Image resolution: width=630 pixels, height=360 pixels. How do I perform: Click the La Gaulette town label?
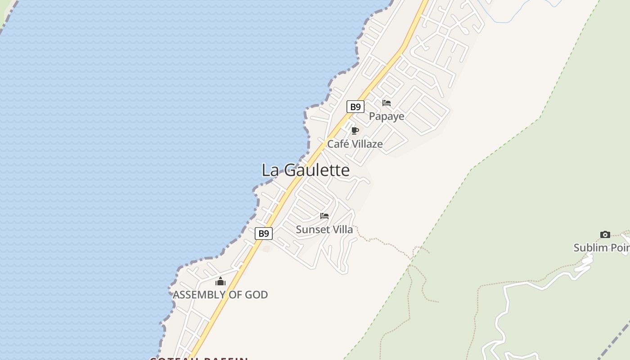306,170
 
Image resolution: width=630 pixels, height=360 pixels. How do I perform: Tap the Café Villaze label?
355,144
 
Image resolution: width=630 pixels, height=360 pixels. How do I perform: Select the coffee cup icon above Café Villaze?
355,130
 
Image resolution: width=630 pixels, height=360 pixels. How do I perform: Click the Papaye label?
387,117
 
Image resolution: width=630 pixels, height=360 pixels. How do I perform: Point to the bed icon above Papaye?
387,103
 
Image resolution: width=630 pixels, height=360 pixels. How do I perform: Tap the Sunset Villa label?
324,230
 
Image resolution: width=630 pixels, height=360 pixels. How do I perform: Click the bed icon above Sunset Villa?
324,216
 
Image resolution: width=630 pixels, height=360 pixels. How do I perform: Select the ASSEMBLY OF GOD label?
220,295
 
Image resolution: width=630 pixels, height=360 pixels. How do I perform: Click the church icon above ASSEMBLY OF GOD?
220,282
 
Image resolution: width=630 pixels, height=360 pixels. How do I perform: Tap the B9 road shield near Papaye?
355,107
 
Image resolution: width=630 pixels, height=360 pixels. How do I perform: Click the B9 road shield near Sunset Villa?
264,234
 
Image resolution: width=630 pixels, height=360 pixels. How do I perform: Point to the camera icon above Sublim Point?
605,234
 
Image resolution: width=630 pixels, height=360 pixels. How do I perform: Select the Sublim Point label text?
601,248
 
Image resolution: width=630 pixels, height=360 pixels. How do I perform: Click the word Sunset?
310,230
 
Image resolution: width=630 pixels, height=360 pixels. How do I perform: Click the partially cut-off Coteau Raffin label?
199,358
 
